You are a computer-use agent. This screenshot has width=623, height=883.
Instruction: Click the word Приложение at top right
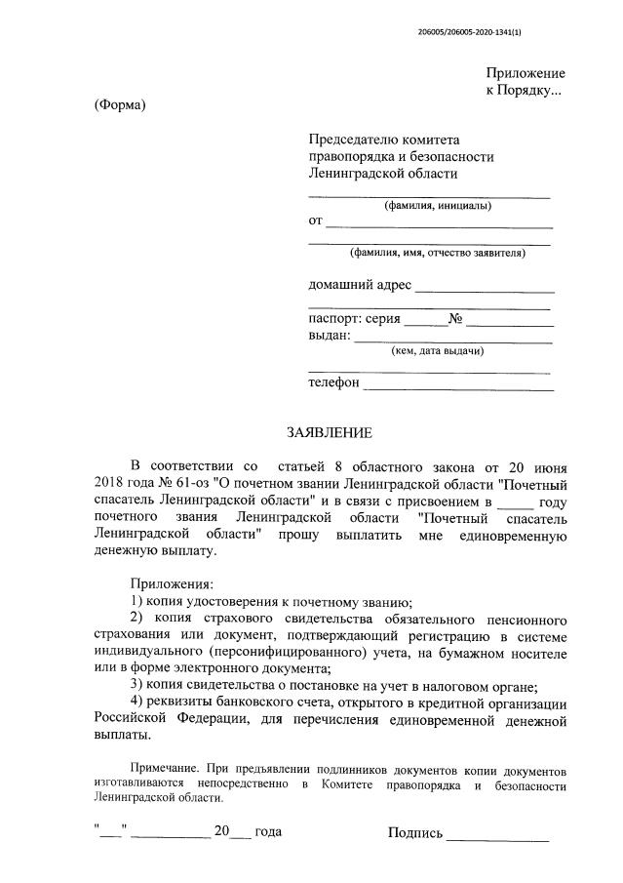pyautogui.click(x=526, y=73)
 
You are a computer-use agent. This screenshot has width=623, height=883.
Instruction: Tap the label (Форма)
pyautogui.click(x=120, y=105)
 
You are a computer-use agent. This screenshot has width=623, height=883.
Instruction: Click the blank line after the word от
pyautogui.click(x=440, y=225)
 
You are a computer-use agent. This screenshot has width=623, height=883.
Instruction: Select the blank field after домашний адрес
pyautogui.click(x=485, y=290)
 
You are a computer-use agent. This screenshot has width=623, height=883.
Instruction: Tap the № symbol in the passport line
pyautogui.click(x=454, y=319)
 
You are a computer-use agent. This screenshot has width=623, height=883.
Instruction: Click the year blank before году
pyautogui.click(x=516, y=501)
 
